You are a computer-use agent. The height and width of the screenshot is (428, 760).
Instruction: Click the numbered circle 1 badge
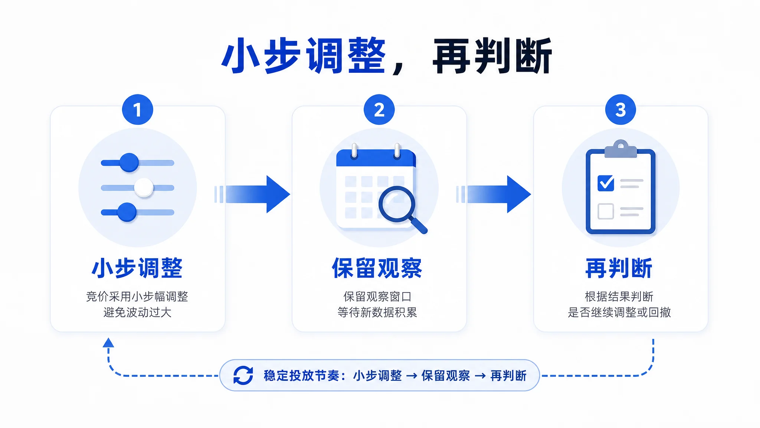click(x=138, y=110)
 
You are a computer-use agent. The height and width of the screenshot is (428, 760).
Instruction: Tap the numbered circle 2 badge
click(x=379, y=110)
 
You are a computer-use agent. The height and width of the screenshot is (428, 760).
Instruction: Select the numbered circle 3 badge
click(x=620, y=110)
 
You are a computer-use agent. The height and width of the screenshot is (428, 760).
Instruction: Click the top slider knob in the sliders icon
click(x=129, y=162)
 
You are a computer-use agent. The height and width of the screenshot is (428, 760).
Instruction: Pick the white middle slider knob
click(x=144, y=188)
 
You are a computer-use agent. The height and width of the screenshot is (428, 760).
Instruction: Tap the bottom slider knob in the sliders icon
click(x=127, y=212)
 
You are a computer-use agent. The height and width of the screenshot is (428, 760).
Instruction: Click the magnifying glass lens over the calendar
click(x=396, y=204)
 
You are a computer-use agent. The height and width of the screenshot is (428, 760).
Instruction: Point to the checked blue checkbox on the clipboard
click(x=606, y=183)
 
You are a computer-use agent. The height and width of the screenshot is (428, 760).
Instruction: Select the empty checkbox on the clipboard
click(x=606, y=211)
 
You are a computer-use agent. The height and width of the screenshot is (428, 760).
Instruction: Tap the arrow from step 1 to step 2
click(x=252, y=194)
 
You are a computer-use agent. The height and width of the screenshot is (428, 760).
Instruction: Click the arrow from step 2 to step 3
click(x=494, y=194)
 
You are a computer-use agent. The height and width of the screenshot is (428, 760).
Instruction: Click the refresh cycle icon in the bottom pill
click(x=243, y=375)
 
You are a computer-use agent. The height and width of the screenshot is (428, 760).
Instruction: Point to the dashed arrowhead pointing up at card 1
click(x=108, y=342)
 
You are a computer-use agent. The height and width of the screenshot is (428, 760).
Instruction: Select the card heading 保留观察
click(x=377, y=268)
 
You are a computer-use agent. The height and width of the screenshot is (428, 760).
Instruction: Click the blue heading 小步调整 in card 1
click(x=137, y=268)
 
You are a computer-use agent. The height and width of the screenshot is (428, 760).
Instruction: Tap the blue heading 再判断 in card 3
click(x=619, y=268)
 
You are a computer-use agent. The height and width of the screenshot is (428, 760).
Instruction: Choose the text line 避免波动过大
click(x=137, y=312)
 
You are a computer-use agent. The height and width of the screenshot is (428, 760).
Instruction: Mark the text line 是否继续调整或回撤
click(x=619, y=312)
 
